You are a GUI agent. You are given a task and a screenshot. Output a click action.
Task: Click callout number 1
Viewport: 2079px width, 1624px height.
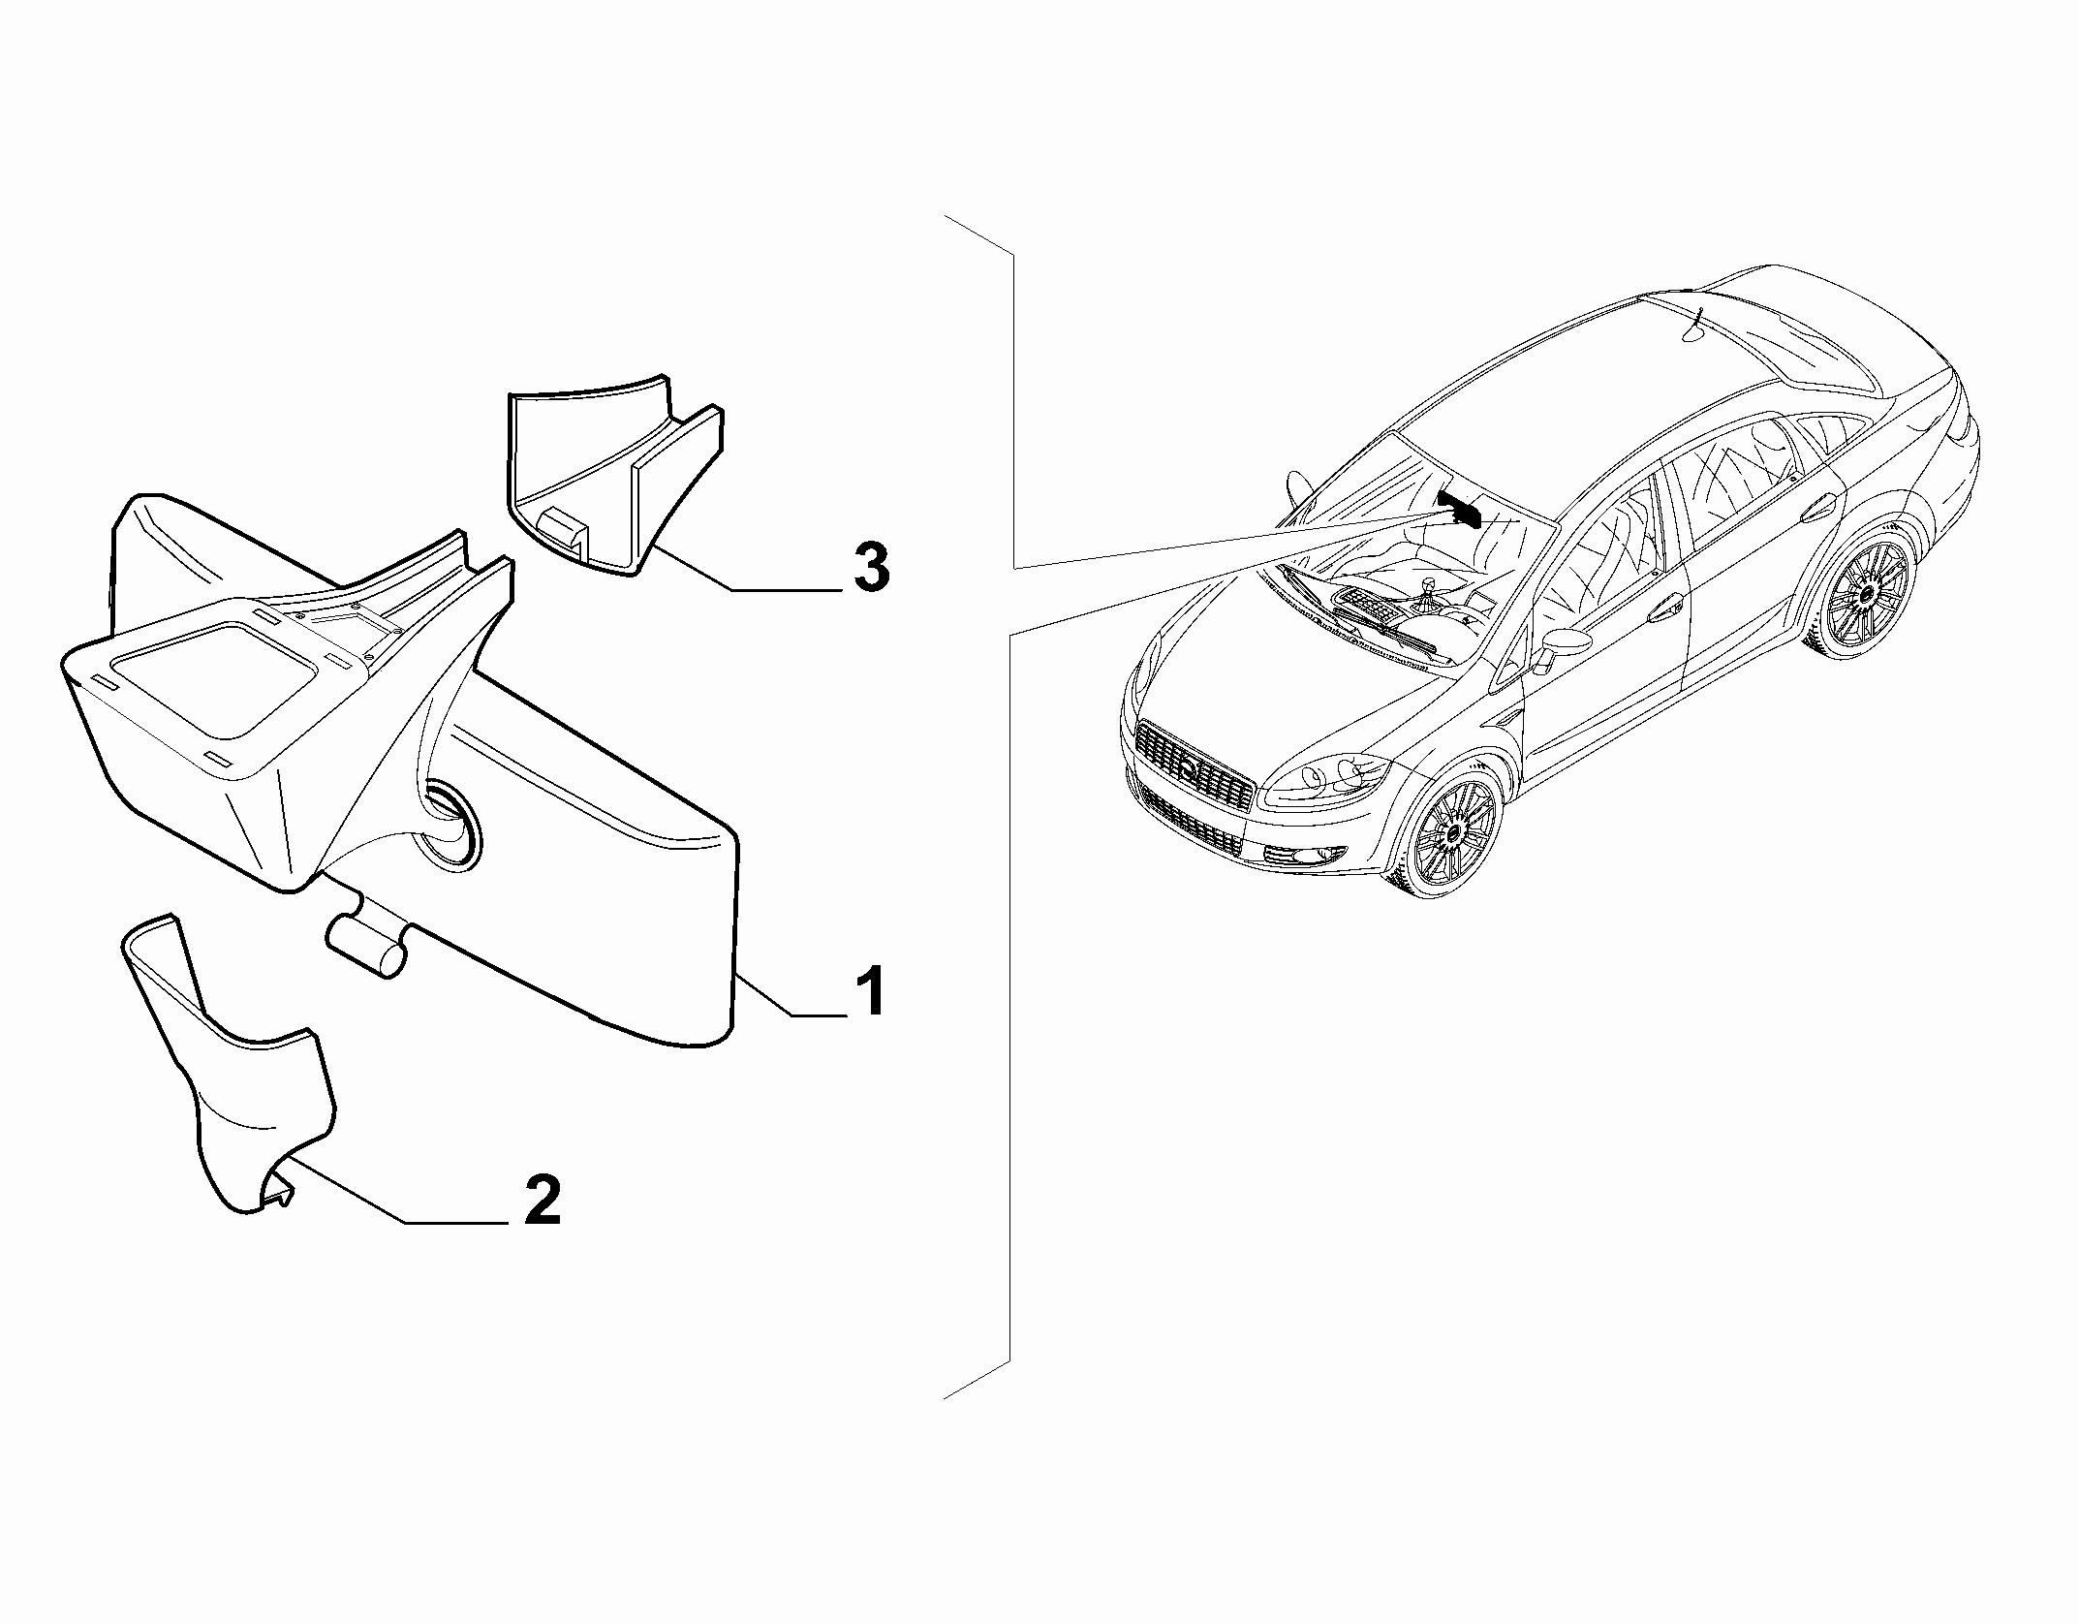(870, 990)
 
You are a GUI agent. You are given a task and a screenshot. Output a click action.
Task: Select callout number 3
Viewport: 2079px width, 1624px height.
(870, 568)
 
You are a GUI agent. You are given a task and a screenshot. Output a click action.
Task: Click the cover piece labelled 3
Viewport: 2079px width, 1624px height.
(613, 474)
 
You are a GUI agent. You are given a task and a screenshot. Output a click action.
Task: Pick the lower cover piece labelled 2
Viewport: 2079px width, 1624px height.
(231, 1066)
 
